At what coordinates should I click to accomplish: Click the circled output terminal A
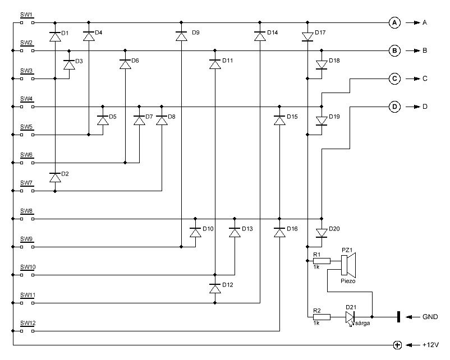click(x=394, y=22)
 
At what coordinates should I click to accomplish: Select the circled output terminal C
click(x=394, y=79)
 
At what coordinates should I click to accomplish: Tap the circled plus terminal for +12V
click(x=397, y=345)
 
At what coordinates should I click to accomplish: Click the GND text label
click(x=430, y=317)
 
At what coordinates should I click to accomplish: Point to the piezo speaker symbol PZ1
click(x=348, y=264)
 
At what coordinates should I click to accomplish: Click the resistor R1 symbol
click(x=322, y=261)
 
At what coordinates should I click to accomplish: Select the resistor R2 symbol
click(x=322, y=317)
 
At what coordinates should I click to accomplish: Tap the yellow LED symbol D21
click(x=350, y=317)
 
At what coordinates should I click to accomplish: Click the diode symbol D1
click(x=55, y=36)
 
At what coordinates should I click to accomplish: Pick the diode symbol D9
click(x=181, y=36)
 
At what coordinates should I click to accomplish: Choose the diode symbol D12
click(x=215, y=288)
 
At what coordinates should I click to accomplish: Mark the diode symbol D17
click(x=307, y=36)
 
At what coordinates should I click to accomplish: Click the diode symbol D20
click(x=322, y=233)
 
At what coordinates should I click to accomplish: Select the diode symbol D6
click(x=125, y=64)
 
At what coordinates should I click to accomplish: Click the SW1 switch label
click(x=26, y=15)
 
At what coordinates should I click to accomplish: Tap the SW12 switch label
click(x=28, y=324)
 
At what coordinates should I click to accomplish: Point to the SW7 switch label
click(x=26, y=183)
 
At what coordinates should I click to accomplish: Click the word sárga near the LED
click(x=362, y=324)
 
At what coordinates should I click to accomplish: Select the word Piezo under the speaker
click(x=348, y=281)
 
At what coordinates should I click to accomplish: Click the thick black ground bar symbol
click(x=398, y=317)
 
